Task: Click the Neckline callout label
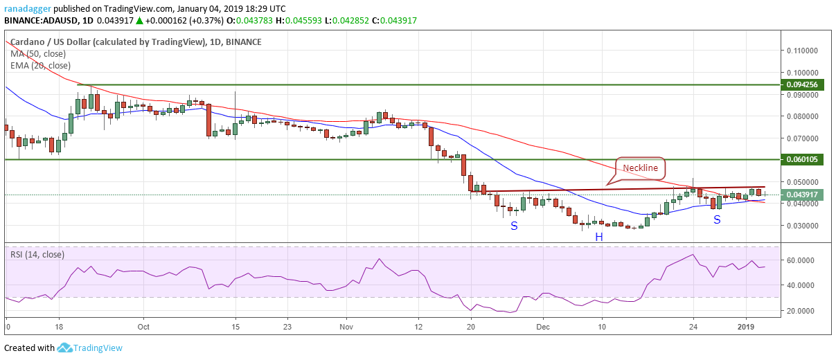[640, 168]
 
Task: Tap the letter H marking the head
[598, 237]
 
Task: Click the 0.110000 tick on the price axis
[802, 51]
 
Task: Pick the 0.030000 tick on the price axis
[802, 226]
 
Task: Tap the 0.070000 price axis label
[802, 138]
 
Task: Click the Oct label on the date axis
[143, 325]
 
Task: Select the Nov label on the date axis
[347, 325]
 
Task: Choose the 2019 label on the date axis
[745, 325]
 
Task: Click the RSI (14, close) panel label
[37, 254]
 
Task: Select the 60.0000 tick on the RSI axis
[802, 260]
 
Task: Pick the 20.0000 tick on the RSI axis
[802, 311]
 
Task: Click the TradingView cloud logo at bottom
[65, 348]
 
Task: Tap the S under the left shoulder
[514, 226]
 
